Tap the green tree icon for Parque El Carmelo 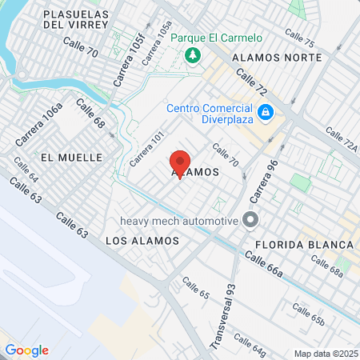click(x=192, y=54)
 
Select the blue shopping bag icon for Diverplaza click(x=265, y=111)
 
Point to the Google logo click(x=26, y=350)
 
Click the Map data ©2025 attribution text click(x=326, y=354)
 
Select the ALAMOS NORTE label click(x=276, y=58)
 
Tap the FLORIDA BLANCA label click(x=304, y=244)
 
